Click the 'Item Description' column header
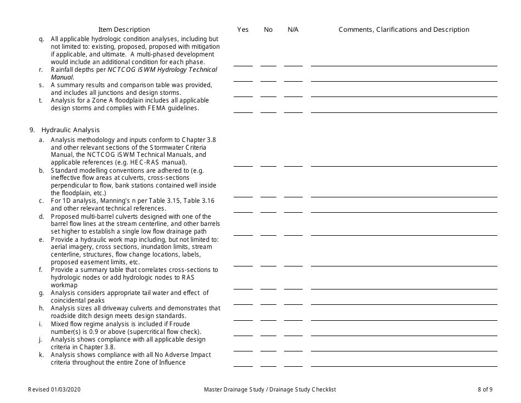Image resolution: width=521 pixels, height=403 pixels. point(124,30)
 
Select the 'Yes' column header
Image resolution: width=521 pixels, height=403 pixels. point(243,30)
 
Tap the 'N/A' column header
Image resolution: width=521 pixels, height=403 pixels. point(293,30)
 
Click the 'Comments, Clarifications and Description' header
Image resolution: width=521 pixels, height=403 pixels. point(404,30)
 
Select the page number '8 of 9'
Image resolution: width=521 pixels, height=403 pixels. point(485,389)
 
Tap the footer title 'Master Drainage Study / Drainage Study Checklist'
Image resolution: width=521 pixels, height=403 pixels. point(270,389)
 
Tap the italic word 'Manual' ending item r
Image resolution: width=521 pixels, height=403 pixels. point(61,77)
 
